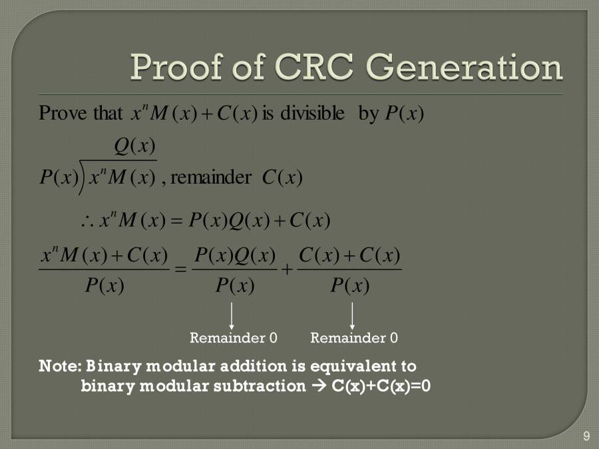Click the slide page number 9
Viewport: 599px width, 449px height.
point(586,436)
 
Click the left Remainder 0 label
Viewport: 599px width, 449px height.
point(233,338)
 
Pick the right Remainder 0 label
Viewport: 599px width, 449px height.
point(353,338)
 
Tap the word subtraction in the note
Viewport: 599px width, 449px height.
point(260,386)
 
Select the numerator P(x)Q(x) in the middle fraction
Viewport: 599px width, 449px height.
point(235,255)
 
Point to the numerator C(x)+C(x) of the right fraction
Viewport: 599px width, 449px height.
point(349,255)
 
